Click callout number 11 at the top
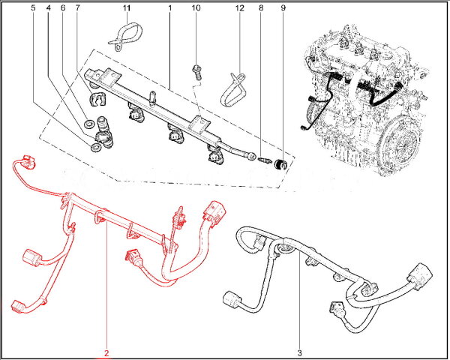click(x=127, y=8)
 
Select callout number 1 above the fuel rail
click(x=170, y=8)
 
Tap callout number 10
click(x=195, y=8)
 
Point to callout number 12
click(x=239, y=8)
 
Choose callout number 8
click(x=261, y=8)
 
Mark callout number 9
click(x=283, y=8)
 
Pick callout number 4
click(x=48, y=8)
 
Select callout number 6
click(x=62, y=8)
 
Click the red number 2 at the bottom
click(x=106, y=352)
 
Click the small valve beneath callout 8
click(x=265, y=160)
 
